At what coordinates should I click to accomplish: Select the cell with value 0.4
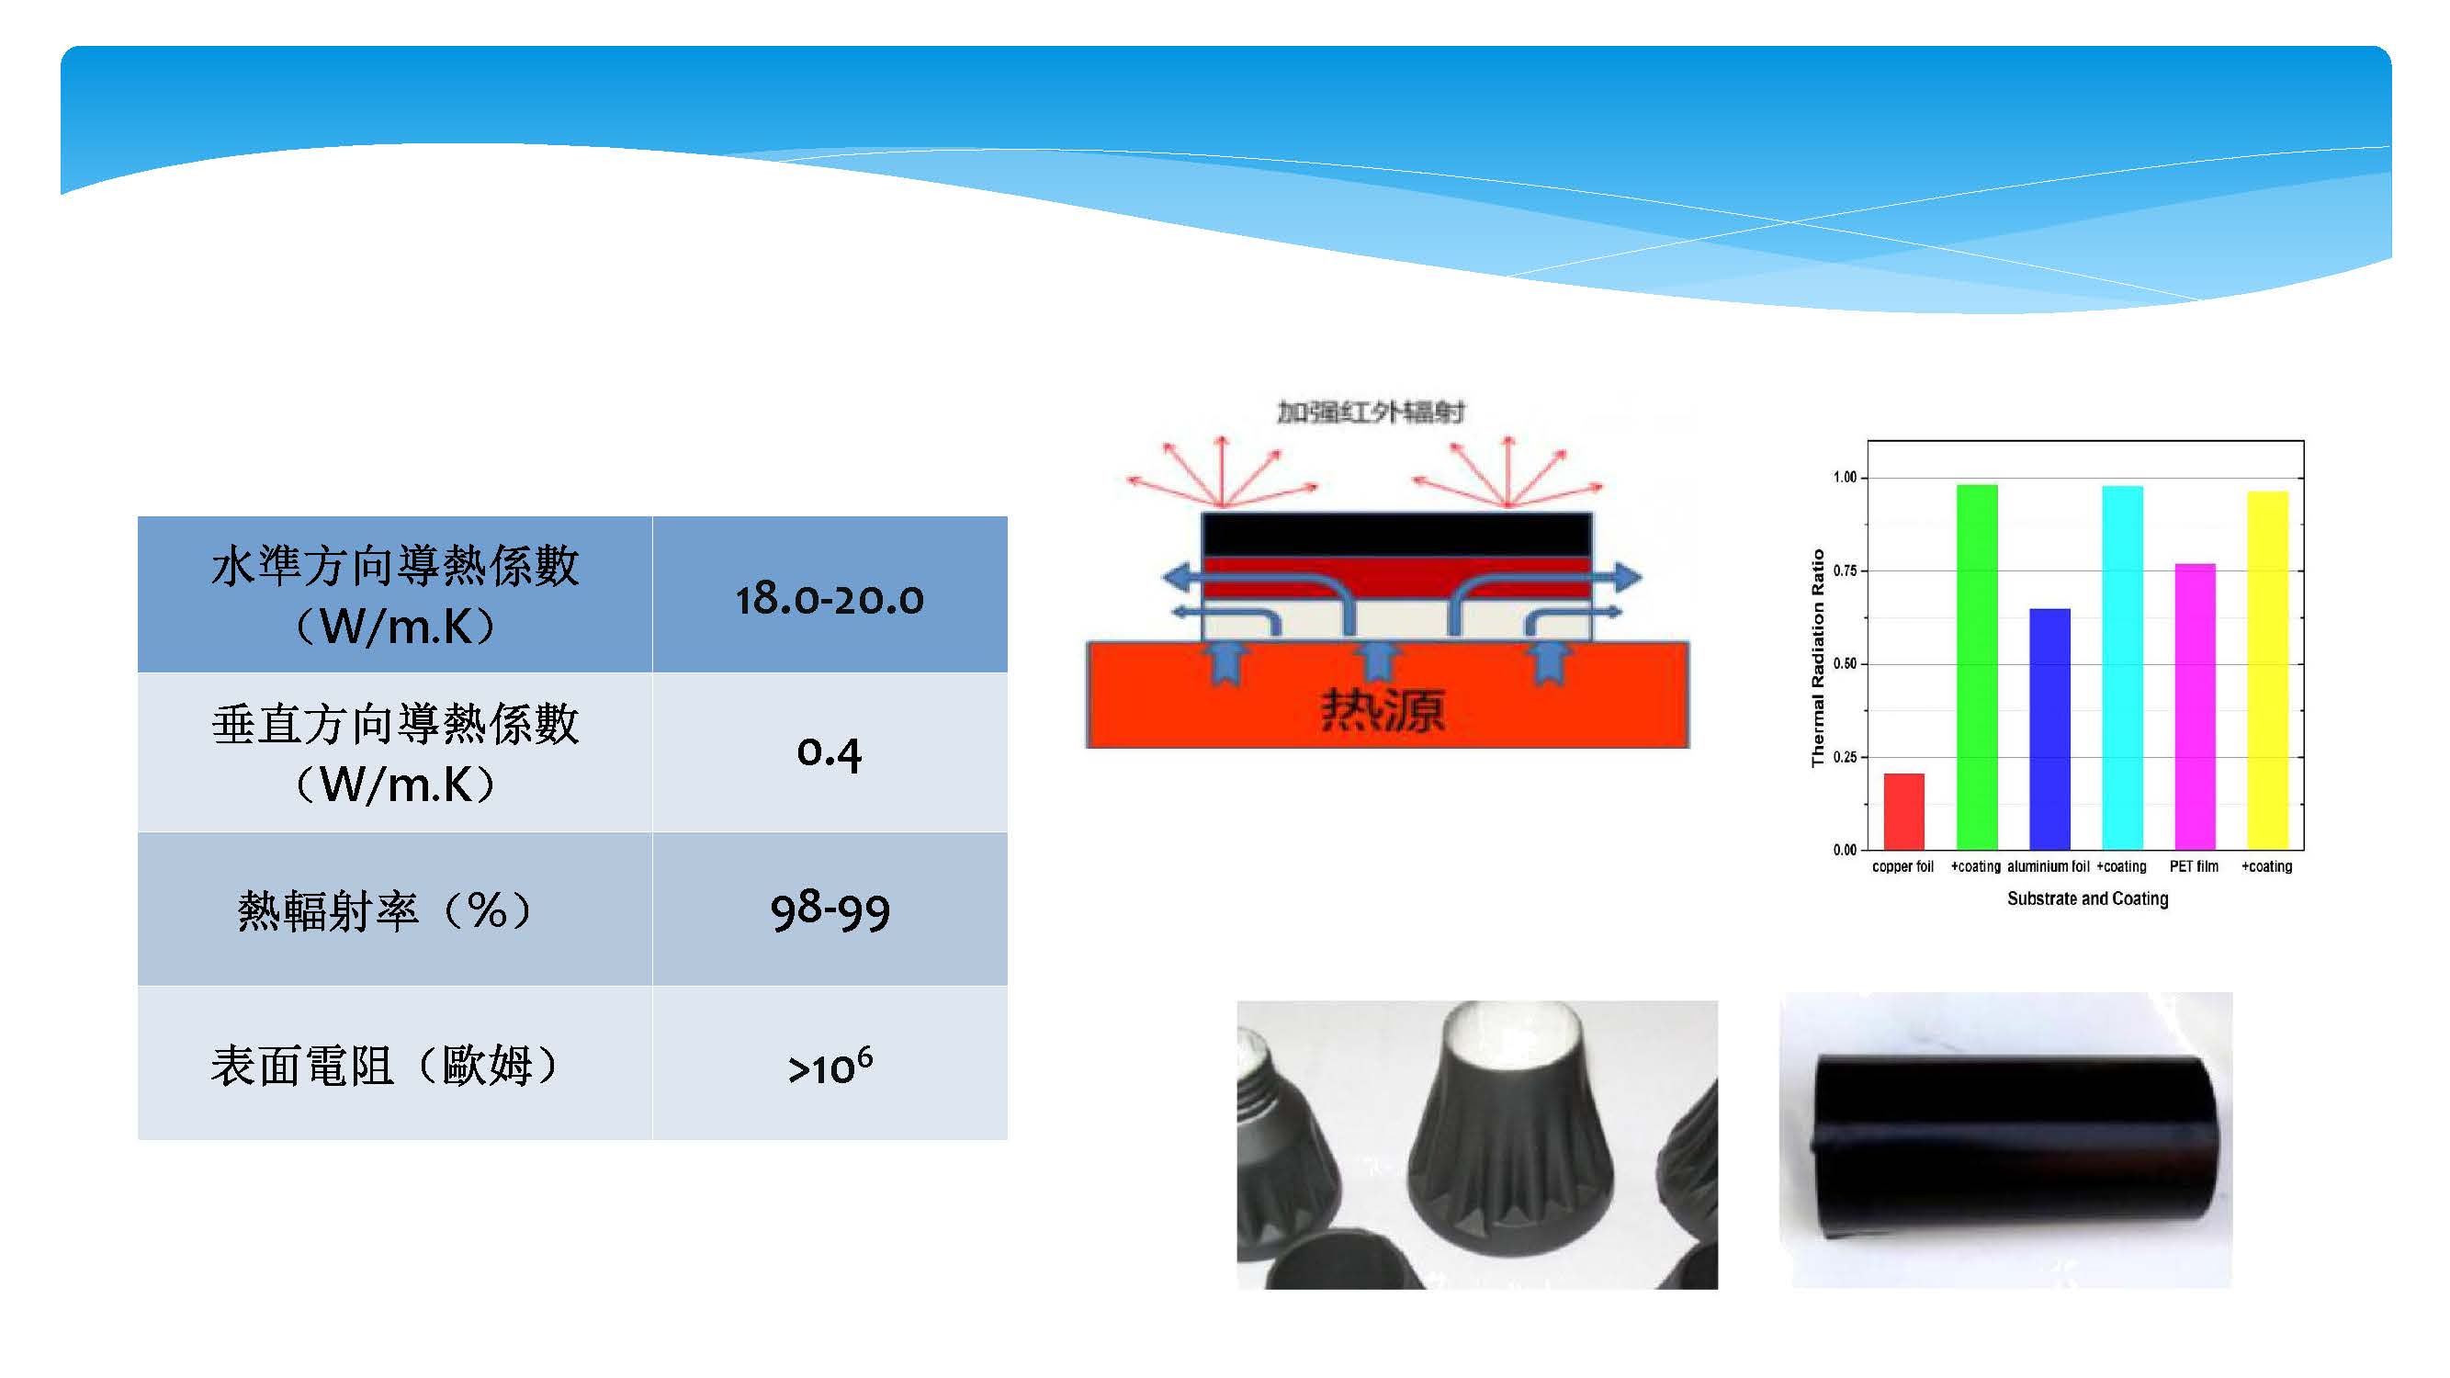coord(830,753)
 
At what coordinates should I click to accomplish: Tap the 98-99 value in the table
coord(830,910)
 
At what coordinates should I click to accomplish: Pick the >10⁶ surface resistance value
coord(830,1065)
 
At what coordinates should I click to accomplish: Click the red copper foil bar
coord(1903,811)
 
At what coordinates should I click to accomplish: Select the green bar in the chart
coord(1976,667)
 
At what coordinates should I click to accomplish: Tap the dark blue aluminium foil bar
coord(2049,729)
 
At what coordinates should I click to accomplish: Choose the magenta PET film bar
coord(2196,706)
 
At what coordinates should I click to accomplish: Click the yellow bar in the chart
coord(2267,671)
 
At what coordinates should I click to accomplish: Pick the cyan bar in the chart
coord(2122,668)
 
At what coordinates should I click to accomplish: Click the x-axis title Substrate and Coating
coord(2088,898)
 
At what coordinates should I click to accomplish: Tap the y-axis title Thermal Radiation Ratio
coord(1819,658)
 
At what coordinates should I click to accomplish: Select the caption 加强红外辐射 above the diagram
coord(1370,412)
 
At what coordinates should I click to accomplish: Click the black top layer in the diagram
coord(1396,536)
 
